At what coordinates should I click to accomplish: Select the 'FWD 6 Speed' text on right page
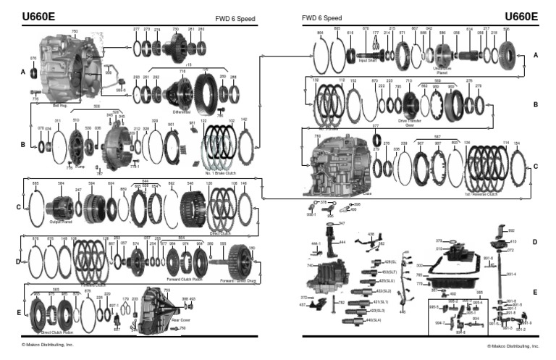click(321, 17)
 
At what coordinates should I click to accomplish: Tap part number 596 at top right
click(507, 30)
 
